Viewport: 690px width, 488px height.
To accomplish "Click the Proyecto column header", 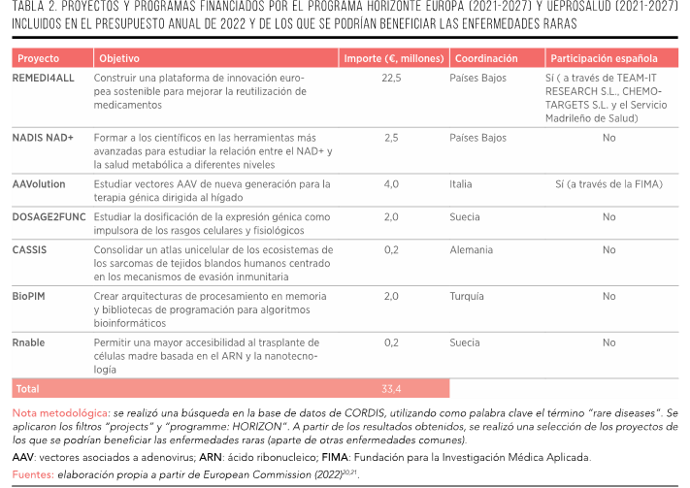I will tap(39, 58).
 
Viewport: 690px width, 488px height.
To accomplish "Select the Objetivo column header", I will tap(119, 58).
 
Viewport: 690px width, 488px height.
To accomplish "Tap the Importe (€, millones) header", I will tap(393, 58).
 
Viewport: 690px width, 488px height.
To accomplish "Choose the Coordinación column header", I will tap(485, 58).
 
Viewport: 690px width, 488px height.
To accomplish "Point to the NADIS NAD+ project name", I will tap(44, 138).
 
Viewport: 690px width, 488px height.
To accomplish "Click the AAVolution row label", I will tap(40, 183).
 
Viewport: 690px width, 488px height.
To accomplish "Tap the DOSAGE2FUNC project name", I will tap(49, 216).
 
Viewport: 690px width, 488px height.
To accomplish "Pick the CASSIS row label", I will tap(29, 249).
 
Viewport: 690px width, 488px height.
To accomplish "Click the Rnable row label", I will tap(28, 342).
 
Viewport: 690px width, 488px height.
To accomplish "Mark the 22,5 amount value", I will tap(391, 78).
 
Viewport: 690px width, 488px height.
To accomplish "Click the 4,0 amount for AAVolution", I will tap(391, 183).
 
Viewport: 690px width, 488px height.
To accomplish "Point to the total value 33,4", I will tap(391, 388).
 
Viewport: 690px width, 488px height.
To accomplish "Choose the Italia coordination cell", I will tap(461, 183).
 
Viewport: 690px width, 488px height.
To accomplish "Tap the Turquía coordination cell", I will tap(467, 295).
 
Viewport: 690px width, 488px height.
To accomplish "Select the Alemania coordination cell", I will tap(471, 249).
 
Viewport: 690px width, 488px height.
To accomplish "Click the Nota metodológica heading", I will tap(59, 413).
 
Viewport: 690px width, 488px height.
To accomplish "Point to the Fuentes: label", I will tap(33, 474).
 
